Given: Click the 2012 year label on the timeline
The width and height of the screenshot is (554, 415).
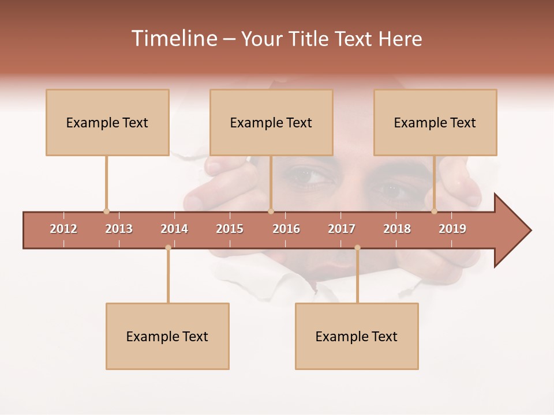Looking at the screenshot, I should [x=63, y=229].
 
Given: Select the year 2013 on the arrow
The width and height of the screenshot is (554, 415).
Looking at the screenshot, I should [x=119, y=229].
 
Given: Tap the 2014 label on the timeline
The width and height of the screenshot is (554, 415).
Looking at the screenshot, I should [x=174, y=229].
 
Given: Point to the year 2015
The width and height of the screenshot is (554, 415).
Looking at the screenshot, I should [x=230, y=229].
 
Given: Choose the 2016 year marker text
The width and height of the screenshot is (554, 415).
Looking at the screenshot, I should [x=286, y=229].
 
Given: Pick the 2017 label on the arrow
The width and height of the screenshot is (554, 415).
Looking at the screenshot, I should [x=342, y=229].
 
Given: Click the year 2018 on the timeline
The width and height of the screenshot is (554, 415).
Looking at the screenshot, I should [x=397, y=229].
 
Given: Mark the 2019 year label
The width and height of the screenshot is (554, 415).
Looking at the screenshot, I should [x=452, y=229].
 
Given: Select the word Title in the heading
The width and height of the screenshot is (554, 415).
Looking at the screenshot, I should [x=309, y=39].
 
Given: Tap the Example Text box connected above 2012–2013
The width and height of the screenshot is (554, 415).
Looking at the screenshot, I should [x=107, y=122].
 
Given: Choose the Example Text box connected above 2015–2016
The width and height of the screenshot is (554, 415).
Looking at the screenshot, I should [x=271, y=122].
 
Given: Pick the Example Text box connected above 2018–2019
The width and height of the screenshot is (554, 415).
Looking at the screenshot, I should [x=435, y=122].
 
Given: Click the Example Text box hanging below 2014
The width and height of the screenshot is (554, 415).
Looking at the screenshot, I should [x=167, y=336].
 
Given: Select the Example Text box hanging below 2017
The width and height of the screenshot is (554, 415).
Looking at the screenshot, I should [x=357, y=336].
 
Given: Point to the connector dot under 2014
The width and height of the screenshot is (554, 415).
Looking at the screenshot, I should [x=168, y=248].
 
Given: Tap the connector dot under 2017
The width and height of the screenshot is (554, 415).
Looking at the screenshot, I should [x=357, y=248].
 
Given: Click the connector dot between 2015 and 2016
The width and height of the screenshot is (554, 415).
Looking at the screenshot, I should [x=271, y=212].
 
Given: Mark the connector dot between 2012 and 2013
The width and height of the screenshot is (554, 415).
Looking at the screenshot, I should [x=106, y=212].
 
